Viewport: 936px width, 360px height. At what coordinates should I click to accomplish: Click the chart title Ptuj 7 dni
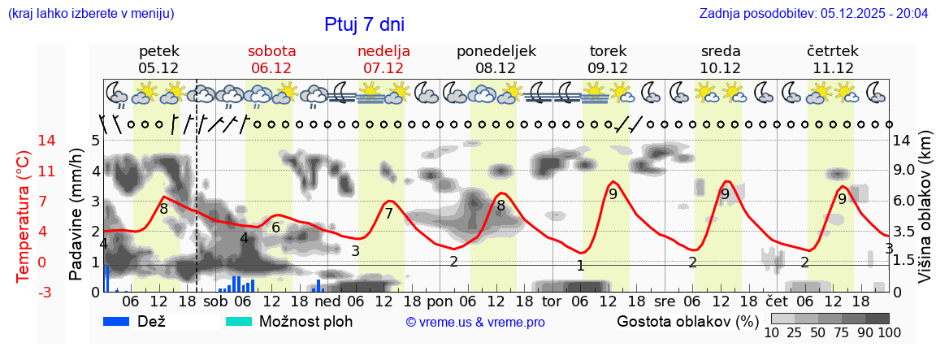(364, 24)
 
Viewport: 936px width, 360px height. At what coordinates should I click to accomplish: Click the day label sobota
(271, 50)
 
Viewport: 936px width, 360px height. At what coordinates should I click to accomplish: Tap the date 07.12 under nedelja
(383, 68)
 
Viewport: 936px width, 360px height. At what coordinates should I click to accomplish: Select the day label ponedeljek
(496, 50)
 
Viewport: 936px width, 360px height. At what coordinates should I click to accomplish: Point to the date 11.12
(833, 68)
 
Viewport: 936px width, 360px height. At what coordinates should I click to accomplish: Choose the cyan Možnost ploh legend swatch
(239, 321)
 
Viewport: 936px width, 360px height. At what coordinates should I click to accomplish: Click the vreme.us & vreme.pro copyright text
(475, 322)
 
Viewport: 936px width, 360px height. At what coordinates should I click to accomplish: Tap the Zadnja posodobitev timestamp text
(813, 14)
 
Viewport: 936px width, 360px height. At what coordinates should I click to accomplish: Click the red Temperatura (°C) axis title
(24, 216)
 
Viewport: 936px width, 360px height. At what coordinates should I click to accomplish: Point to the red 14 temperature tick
(24, 141)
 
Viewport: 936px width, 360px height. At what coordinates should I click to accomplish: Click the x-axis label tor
(552, 301)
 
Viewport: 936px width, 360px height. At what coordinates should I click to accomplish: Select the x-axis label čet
(787, 301)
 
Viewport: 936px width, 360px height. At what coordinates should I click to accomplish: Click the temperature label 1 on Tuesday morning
(580, 266)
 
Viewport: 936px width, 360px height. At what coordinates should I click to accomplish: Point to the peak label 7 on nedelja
(388, 214)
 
